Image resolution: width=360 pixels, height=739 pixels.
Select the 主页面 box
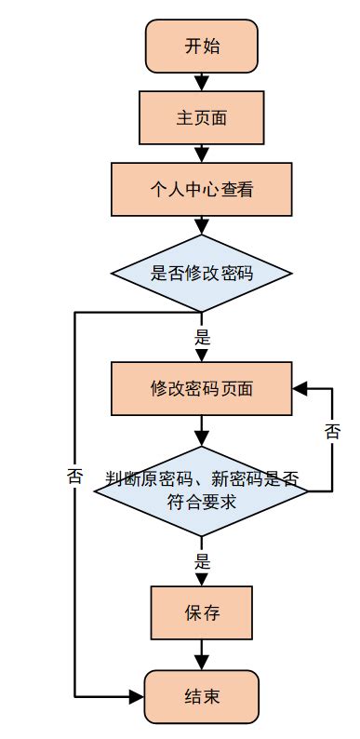click(202, 118)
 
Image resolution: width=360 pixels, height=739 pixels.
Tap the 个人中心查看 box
click(202, 190)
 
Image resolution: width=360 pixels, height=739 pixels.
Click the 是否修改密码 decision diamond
click(202, 274)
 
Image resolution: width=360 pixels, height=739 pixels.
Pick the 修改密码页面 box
click(202, 388)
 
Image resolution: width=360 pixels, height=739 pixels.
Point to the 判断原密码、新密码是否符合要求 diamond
click(202, 491)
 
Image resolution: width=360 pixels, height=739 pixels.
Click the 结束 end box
click(202, 696)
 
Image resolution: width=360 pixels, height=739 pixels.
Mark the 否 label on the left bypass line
click(75, 476)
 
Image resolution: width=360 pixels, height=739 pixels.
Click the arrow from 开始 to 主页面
click(202, 82)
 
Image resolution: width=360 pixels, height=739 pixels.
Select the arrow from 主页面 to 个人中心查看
click(202, 154)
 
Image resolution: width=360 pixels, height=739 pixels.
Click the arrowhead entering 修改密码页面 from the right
click(300, 388)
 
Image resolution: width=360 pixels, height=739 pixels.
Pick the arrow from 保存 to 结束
click(202, 657)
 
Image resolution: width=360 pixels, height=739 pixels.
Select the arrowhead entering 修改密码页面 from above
click(202, 356)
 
